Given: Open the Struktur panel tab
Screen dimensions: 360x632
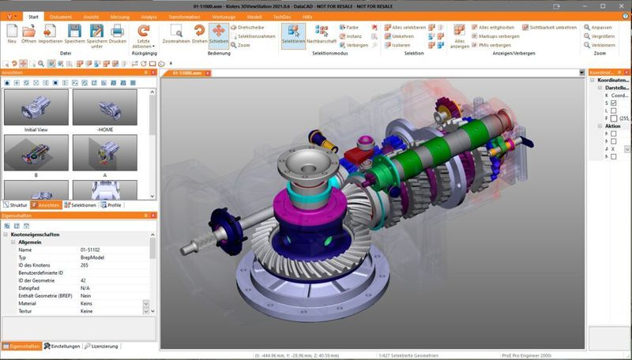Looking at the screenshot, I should [16, 204].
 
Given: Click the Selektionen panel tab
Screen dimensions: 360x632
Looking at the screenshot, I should [81, 204].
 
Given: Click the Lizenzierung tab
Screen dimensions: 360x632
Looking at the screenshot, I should [103, 346].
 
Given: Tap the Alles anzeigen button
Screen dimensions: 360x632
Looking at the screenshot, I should [460, 36].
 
